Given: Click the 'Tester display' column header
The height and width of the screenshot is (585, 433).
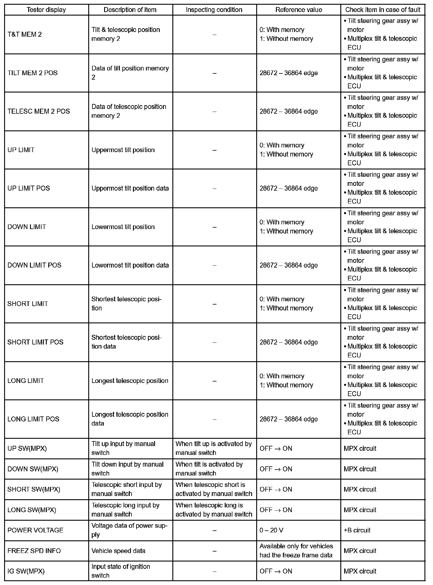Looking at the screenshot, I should point(46,10).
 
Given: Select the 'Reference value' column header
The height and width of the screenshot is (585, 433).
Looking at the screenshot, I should point(299,10).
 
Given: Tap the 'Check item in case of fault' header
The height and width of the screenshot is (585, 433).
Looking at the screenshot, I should point(383,10).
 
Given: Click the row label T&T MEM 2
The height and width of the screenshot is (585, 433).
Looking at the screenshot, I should point(25,34).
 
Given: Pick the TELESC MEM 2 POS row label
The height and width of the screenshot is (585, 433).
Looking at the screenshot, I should point(39,111).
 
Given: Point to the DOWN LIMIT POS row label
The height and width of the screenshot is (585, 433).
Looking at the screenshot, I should point(34,265).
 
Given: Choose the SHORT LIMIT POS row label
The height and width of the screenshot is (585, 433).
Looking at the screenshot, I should point(35,342).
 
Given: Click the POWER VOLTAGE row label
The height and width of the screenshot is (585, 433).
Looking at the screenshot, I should point(35,530).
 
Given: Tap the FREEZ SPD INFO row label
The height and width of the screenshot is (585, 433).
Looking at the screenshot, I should point(34,551).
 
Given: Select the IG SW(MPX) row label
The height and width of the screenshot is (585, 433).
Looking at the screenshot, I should point(26,571).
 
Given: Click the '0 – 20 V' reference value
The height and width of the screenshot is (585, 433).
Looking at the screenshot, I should point(271,530).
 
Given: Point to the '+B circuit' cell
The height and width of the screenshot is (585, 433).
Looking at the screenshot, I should point(357,530).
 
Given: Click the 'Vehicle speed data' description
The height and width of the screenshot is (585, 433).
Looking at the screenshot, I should point(118,551).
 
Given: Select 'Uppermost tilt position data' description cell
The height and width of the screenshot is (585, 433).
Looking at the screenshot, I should point(130,188).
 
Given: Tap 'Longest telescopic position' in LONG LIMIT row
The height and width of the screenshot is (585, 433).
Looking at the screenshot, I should point(130,381).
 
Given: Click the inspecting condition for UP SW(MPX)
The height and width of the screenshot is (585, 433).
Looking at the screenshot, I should point(214,448).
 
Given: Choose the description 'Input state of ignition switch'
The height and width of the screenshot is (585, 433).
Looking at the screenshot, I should point(121,571).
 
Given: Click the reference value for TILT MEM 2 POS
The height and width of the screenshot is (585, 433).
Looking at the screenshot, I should point(289,73).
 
